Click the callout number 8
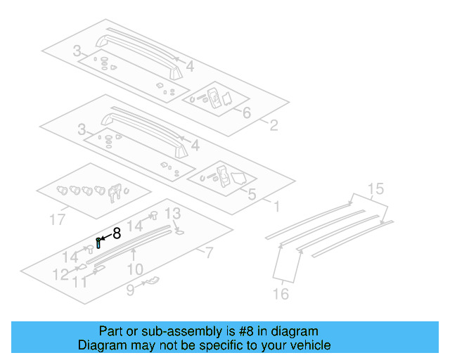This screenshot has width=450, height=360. [116, 233]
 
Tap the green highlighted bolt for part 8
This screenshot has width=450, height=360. [98, 243]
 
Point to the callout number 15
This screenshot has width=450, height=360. [375, 188]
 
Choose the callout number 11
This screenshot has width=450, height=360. [82, 282]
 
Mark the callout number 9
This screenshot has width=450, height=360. [131, 289]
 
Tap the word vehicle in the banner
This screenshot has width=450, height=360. [308, 345]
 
